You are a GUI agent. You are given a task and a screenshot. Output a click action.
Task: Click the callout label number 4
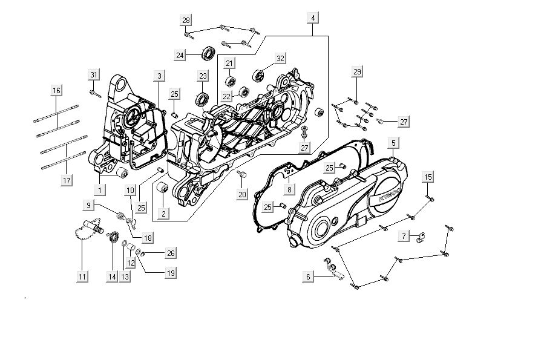[x=312, y=18]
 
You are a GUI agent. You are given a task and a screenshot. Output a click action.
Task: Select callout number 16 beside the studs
[x=56, y=91]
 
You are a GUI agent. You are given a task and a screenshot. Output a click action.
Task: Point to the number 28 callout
[x=186, y=21]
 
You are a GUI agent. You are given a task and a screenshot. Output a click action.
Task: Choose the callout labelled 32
[x=280, y=59]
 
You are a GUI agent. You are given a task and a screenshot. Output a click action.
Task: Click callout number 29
[x=357, y=72]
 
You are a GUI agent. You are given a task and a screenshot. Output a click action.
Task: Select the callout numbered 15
[x=428, y=177]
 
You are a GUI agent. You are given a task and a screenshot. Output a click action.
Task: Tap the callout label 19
[x=171, y=273]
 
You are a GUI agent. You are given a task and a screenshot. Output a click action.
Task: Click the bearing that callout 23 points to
[x=202, y=98]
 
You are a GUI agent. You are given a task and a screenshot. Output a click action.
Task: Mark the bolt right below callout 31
[x=94, y=92]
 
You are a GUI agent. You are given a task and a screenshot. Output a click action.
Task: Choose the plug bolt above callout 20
[x=243, y=175]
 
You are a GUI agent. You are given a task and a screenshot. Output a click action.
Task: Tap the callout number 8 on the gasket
[x=289, y=189]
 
